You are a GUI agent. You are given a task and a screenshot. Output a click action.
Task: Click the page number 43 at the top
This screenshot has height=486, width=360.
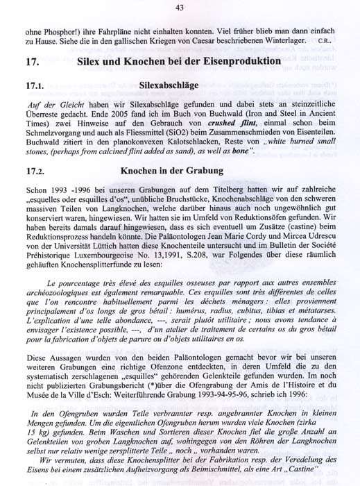coord(180,8)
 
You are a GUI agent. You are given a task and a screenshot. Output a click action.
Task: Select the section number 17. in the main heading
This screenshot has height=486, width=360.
coord(31,62)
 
